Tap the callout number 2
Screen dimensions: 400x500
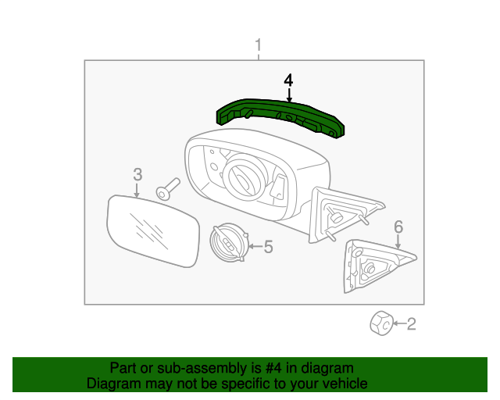tap(412, 323)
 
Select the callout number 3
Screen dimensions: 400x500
tap(137, 173)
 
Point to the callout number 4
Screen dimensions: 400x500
tap(288, 80)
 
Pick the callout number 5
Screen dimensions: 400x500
tap(268, 248)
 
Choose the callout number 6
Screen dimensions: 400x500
tap(398, 227)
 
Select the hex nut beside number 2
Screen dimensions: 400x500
tap(380, 322)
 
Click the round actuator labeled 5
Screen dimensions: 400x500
tap(229, 242)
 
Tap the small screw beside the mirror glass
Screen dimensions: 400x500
tap(167, 190)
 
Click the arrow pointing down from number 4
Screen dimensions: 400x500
tap(289, 96)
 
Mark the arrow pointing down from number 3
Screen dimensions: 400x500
tap(137, 188)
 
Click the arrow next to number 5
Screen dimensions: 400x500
tap(255, 248)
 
